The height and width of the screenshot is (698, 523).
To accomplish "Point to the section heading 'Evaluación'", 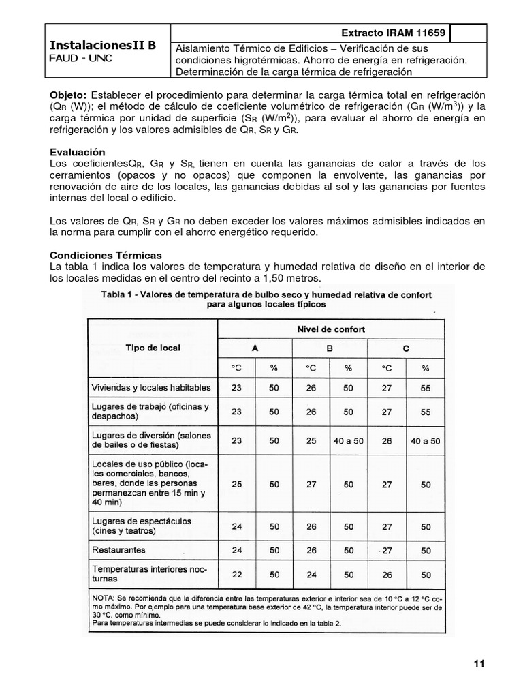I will pyautogui.click(x=78, y=151).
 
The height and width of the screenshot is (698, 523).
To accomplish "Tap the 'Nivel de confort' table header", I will pyautogui.click(x=330, y=329).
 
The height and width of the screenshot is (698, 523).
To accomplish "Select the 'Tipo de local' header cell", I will pyautogui.click(x=153, y=348).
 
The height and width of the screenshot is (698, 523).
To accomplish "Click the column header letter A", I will pyautogui.click(x=254, y=348).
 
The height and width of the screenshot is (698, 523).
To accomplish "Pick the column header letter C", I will pyautogui.click(x=405, y=348).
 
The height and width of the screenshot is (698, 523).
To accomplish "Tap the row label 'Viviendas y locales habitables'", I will pyautogui.click(x=151, y=388).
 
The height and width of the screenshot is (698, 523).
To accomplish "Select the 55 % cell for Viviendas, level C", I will pyautogui.click(x=426, y=388).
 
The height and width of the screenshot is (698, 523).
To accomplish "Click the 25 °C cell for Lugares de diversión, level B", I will pyautogui.click(x=311, y=440).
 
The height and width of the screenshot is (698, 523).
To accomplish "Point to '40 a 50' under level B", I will pyautogui.click(x=348, y=440).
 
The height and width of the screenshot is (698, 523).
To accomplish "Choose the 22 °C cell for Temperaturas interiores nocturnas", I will pyautogui.click(x=236, y=574).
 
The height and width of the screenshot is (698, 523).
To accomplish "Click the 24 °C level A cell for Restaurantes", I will pyautogui.click(x=236, y=549).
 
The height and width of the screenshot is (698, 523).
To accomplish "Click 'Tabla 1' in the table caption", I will pyautogui.click(x=119, y=294).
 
